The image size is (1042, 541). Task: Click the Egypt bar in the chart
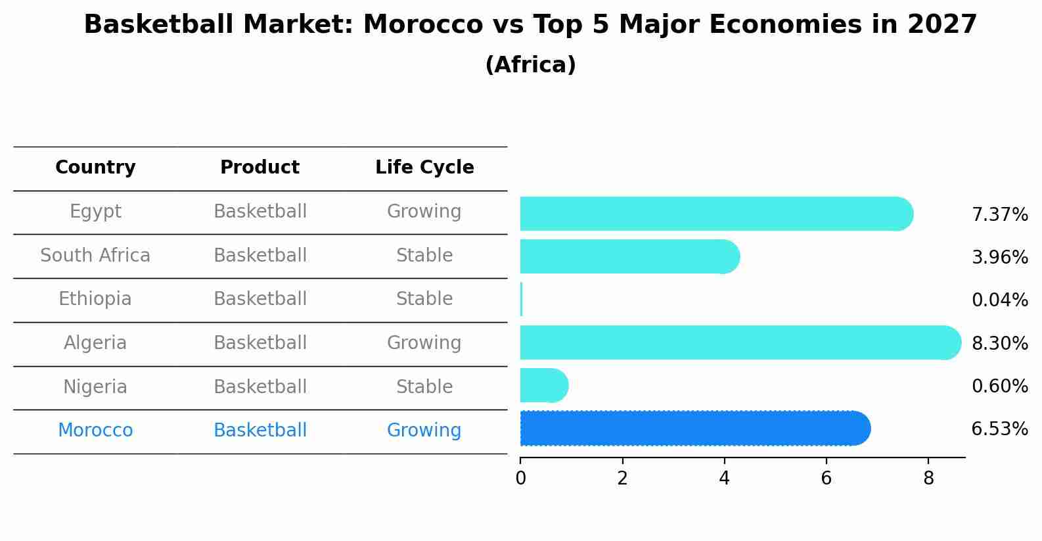pos(716,214)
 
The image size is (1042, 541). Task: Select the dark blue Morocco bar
pos(694,429)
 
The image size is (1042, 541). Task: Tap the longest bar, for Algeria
pos(740,342)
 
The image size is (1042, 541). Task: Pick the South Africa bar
pos(629,256)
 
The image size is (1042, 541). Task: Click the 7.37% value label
pos(999,215)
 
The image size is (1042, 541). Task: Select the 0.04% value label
pos(999,300)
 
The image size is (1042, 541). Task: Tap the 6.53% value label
pos(999,429)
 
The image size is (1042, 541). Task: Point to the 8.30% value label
pos(999,343)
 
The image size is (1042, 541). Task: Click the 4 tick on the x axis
pos(724,479)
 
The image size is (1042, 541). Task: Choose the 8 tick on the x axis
pos(928,479)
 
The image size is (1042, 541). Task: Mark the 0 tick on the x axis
pos(520,479)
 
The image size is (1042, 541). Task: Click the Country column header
pos(95,168)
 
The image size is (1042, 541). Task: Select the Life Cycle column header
pos(424,168)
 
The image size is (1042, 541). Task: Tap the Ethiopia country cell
pos(95,299)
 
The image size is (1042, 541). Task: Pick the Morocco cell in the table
pos(95,431)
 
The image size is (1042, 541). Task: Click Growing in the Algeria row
pos(424,343)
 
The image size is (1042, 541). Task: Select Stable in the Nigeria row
pos(424,387)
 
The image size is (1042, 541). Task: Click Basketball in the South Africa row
pos(260,255)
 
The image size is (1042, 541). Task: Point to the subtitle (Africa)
pos(530,65)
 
